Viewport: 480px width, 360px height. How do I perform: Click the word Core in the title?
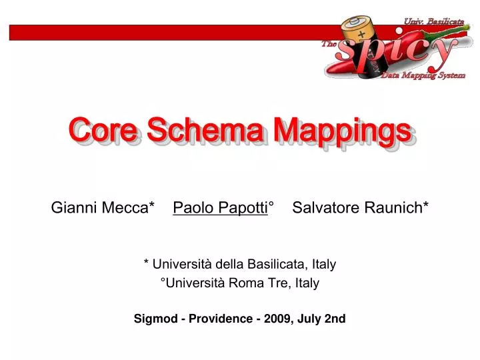coord(105,131)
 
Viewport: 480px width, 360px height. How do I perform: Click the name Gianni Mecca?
coord(100,208)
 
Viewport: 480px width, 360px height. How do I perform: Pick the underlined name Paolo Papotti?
coord(221,208)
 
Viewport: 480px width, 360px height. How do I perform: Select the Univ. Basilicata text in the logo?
coord(433,22)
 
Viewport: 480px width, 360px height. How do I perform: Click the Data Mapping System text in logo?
coord(423,75)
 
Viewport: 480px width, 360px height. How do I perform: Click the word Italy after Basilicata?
coord(323,264)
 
